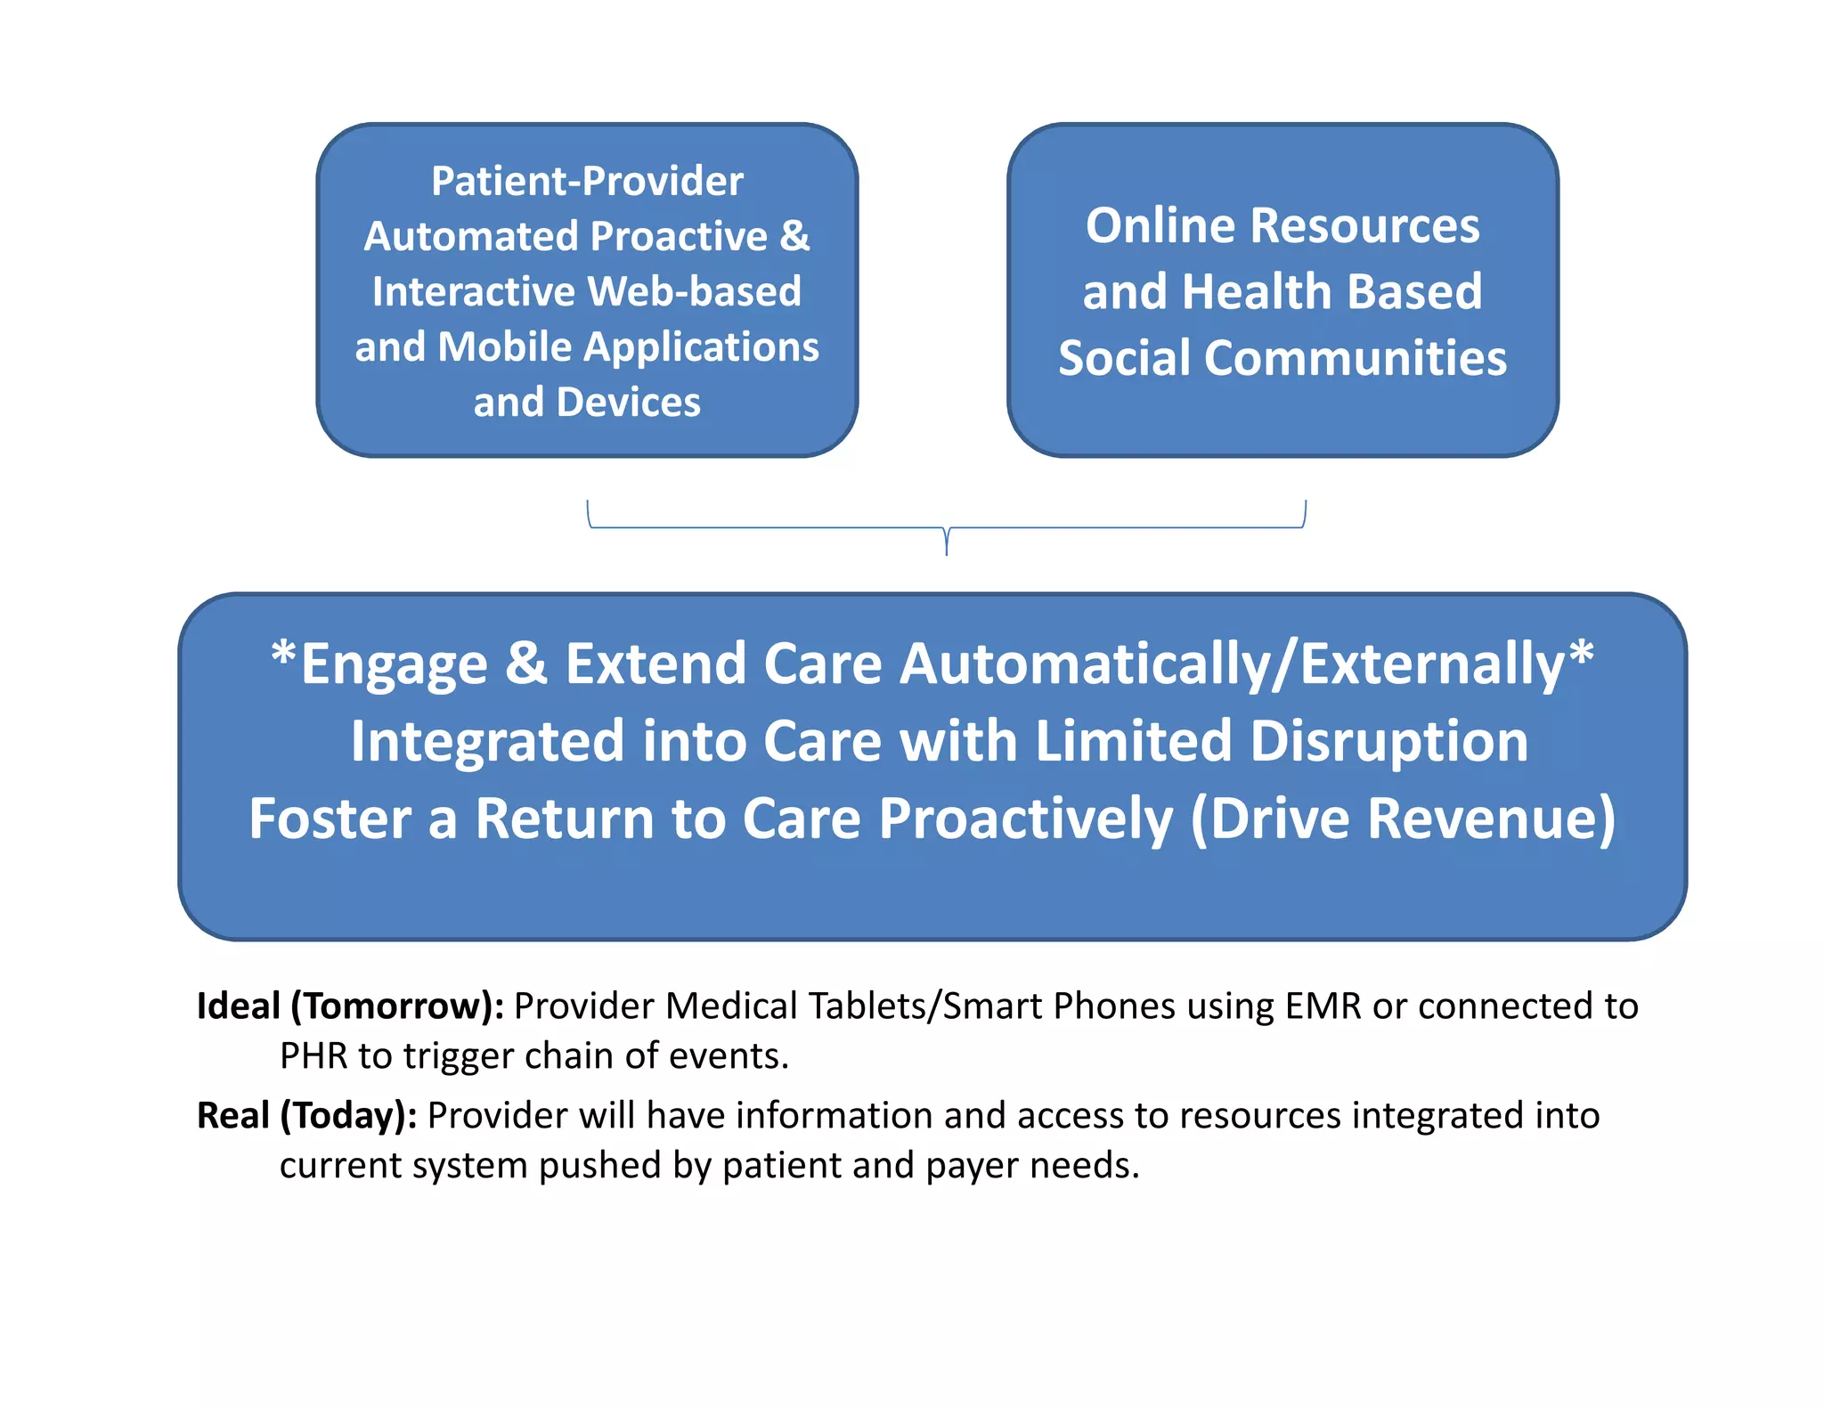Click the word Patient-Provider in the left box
tap(587, 182)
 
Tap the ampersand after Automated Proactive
tap(794, 237)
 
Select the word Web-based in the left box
tap(695, 292)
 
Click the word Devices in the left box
tap(629, 403)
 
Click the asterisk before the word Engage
tap(283, 657)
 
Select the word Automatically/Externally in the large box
tap(1232, 664)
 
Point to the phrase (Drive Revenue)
tap(1403, 819)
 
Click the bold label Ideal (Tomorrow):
tap(350, 1006)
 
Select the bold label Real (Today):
tap(306, 1116)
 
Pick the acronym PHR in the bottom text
tap(313, 1056)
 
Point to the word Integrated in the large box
tap(486, 742)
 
